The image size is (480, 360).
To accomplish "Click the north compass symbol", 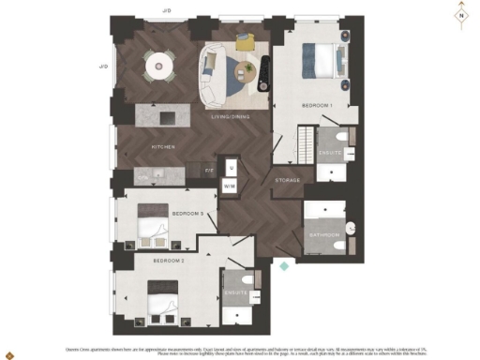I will (x=460, y=16).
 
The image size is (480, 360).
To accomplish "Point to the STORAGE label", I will (x=287, y=179).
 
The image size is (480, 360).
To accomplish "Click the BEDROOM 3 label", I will (x=187, y=215).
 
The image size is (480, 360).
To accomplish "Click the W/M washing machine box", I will (x=230, y=187).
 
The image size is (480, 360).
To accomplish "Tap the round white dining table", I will (x=158, y=64).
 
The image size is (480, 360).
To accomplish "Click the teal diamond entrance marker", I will (x=284, y=266).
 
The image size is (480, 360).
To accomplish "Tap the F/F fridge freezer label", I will (x=210, y=171).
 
